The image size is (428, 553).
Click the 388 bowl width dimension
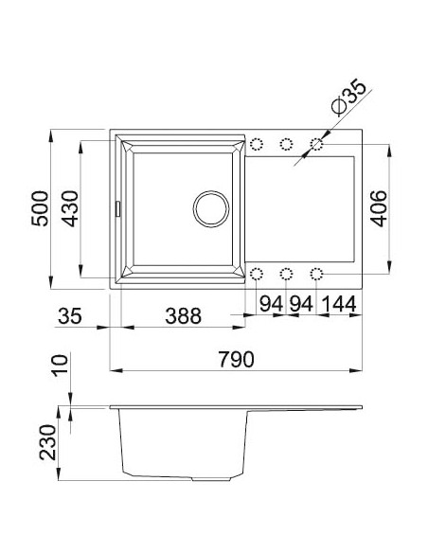[x=180, y=316]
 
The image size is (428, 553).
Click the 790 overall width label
[x=237, y=360]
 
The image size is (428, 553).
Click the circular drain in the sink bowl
[x=209, y=208]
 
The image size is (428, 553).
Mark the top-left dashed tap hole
[x=256, y=143]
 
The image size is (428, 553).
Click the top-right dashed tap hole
[x=317, y=143]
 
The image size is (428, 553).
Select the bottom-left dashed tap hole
[x=256, y=275]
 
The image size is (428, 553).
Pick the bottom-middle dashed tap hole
[x=286, y=275]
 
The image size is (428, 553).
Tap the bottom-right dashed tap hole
[x=317, y=275]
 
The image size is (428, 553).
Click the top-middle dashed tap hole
[x=286, y=143]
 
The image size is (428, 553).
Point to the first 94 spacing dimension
[x=271, y=305]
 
